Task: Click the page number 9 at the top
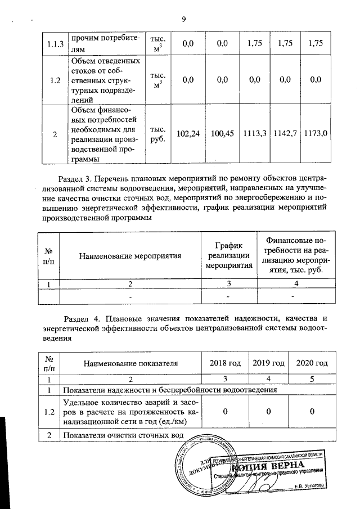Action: (183, 20)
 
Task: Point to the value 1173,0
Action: (315, 134)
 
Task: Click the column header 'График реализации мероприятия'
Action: (228, 256)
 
